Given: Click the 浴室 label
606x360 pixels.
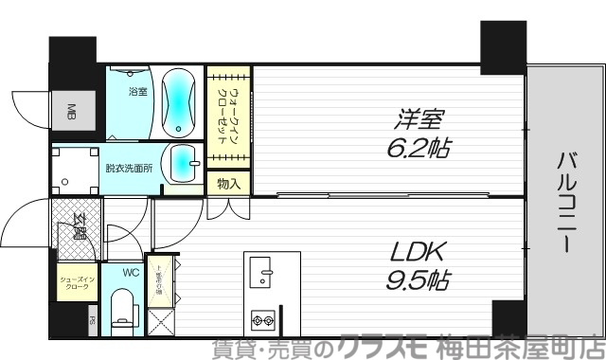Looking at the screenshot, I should (137, 92).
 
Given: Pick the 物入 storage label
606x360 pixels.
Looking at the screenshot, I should (227, 182).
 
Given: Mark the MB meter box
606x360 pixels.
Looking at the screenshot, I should (72, 115).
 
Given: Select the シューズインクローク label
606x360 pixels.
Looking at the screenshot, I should (75, 283).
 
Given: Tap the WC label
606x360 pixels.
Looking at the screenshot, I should (132, 272).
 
